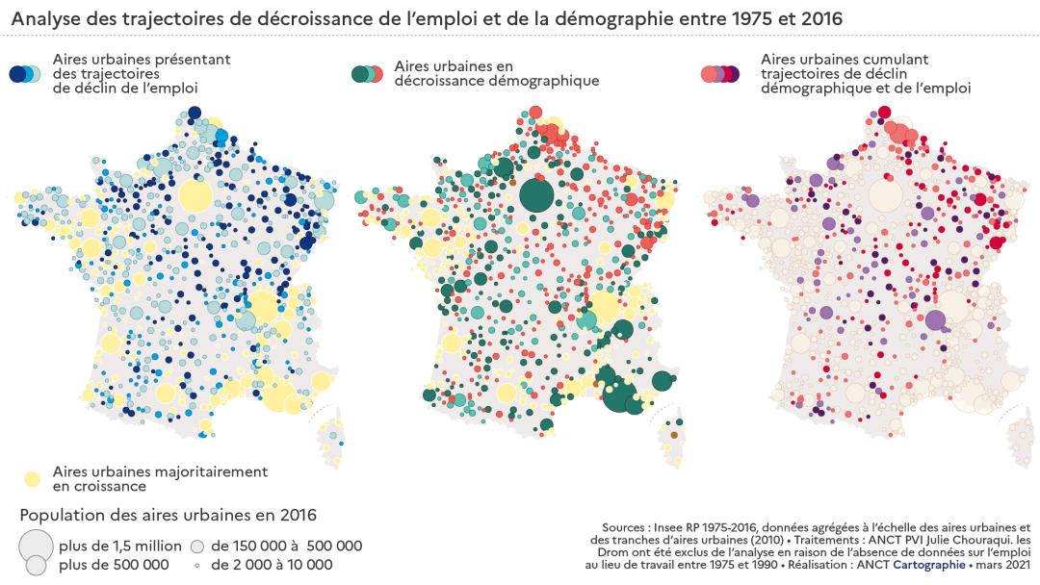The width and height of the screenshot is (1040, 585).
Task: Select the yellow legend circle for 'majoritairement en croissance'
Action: click(x=32, y=478)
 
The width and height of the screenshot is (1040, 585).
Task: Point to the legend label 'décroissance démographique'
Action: click(x=497, y=81)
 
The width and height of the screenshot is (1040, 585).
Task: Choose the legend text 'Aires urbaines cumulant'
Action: click(x=844, y=59)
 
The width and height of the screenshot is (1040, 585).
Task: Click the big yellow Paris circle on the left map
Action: click(x=195, y=196)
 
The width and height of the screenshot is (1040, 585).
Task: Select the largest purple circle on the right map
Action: click(x=934, y=321)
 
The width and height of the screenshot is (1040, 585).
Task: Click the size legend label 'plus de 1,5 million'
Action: click(x=119, y=547)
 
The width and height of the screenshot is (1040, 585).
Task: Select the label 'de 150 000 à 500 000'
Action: click(x=286, y=547)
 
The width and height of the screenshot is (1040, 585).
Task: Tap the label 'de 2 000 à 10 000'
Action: click(x=273, y=565)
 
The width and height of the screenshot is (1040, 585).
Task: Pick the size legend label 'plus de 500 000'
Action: click(x=114, y=565)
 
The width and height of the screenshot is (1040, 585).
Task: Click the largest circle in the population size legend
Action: click(x=36, y=544)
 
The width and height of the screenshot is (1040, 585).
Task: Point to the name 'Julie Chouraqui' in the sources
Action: click(x=962, y=540)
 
